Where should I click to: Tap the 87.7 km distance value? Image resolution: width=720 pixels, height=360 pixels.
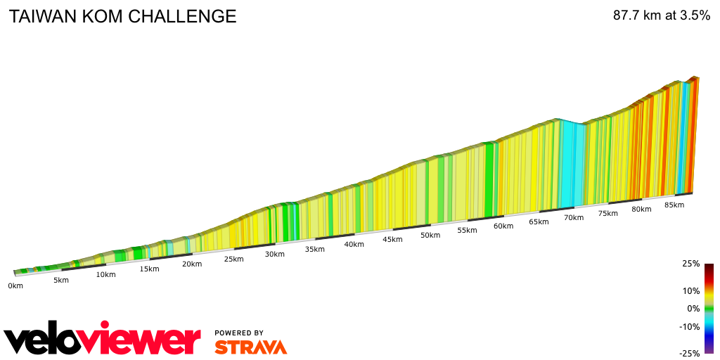637,15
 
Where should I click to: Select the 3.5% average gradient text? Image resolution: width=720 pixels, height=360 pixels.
695,15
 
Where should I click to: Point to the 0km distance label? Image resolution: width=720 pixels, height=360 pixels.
15,285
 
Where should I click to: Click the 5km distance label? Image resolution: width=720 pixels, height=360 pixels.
60,281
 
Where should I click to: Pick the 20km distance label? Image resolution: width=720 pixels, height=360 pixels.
192,264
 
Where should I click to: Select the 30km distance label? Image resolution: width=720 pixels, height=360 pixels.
275,254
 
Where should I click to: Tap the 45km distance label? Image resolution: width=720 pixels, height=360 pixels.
392,239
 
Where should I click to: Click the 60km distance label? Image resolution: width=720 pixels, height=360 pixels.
503,226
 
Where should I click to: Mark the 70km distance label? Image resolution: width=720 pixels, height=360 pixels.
574,217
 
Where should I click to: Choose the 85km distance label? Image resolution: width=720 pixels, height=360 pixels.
674,205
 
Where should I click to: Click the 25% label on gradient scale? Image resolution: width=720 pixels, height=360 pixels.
691,264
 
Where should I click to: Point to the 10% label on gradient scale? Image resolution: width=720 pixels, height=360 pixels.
691,290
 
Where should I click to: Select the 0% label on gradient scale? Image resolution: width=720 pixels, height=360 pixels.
693,308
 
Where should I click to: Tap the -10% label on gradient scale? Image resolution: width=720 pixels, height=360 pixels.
690,326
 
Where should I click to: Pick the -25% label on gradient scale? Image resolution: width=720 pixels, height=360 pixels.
690,353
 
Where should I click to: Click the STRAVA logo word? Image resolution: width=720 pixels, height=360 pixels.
250,347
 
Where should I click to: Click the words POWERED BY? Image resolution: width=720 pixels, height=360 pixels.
239,333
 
